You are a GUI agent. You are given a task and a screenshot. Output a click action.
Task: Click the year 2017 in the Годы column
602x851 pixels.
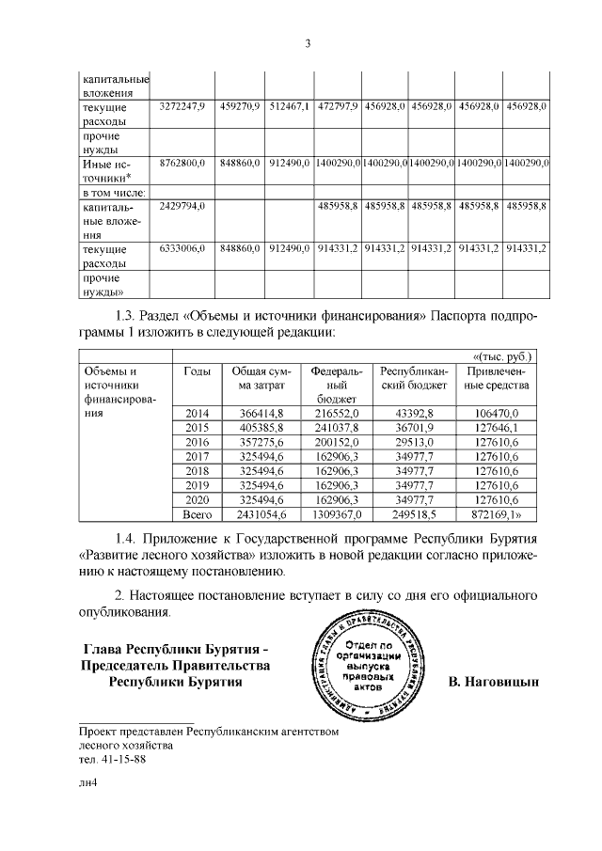[x=198, y=457]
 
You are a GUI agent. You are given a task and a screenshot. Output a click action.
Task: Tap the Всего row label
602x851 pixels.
[x=198, y=514]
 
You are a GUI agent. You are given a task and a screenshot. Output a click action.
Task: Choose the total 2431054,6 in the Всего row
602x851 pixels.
[x=262, y=514]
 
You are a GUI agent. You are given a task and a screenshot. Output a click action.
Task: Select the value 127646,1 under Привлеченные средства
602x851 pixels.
[x=497, y=429]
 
